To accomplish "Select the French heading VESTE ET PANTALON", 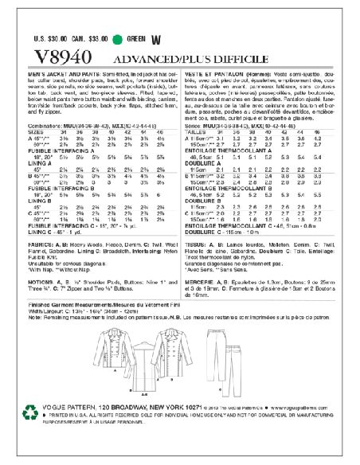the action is pos(217,73).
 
